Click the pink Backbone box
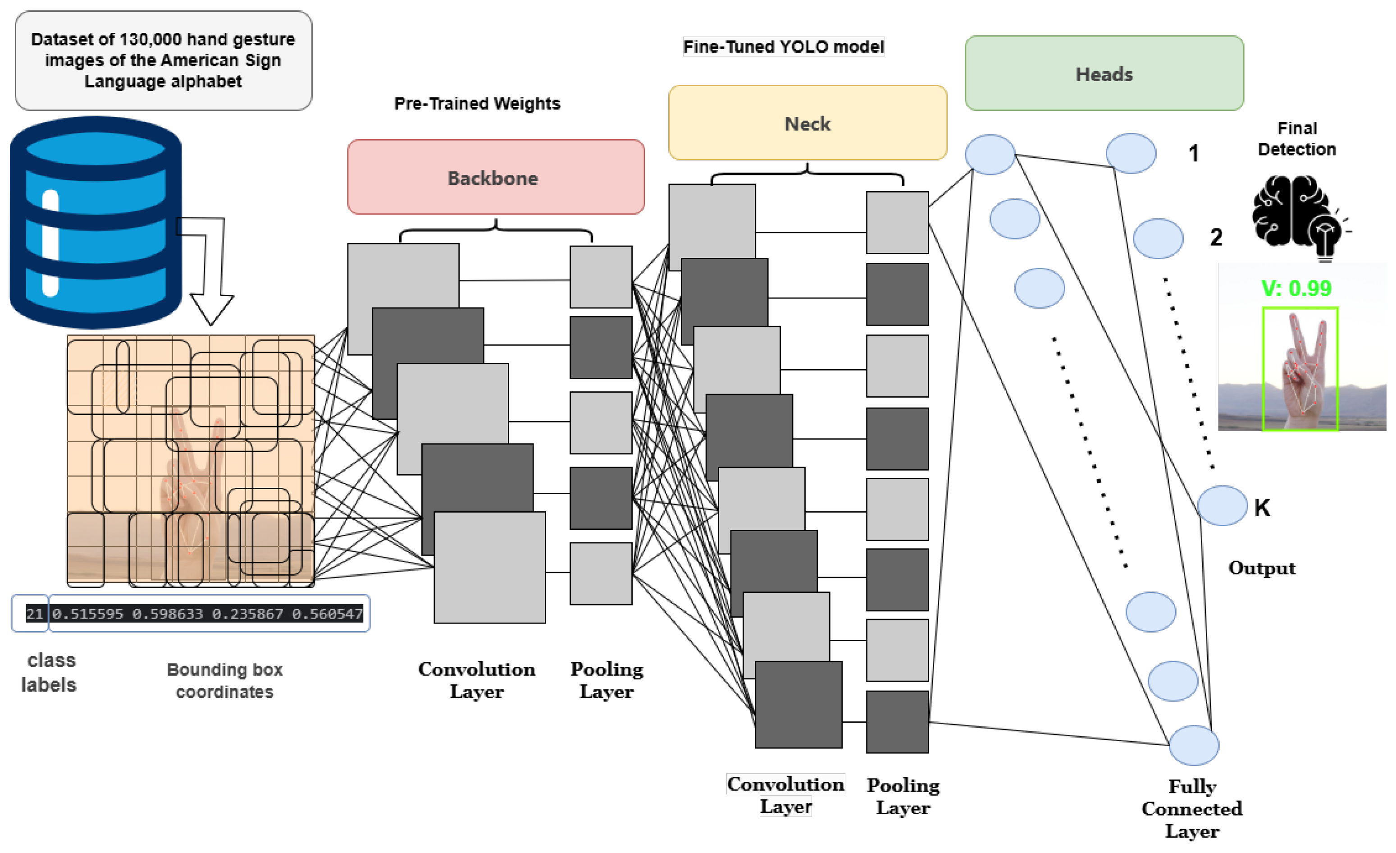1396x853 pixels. tap(496, 177)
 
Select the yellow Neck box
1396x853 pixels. tap(807, 123)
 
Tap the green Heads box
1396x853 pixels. tap(1104, 73)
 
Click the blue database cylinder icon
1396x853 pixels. tap(96, 222)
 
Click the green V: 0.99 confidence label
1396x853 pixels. tap(1296, 289)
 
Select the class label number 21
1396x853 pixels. tap(35, 613)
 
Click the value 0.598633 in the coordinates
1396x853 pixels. tap(168, 613)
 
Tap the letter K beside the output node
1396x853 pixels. tap(1262, 508)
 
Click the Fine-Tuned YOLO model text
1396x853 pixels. tap(784, 46)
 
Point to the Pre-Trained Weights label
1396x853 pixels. tap(477, 103)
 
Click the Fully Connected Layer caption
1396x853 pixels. tap(1192, 809)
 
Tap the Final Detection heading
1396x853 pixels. tap(1297, 139)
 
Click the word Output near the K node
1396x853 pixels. tap(1262, 568)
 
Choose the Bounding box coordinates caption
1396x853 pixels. tap(225, 680)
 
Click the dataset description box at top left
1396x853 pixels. tap(163, 60)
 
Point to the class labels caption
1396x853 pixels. tap(49, 672)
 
